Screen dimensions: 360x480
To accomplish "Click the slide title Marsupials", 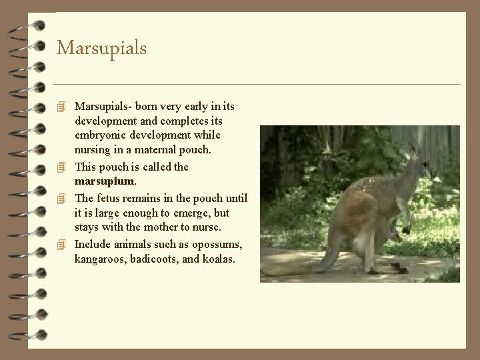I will tap(101, 48).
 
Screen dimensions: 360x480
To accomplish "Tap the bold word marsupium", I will tap(105, 182).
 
